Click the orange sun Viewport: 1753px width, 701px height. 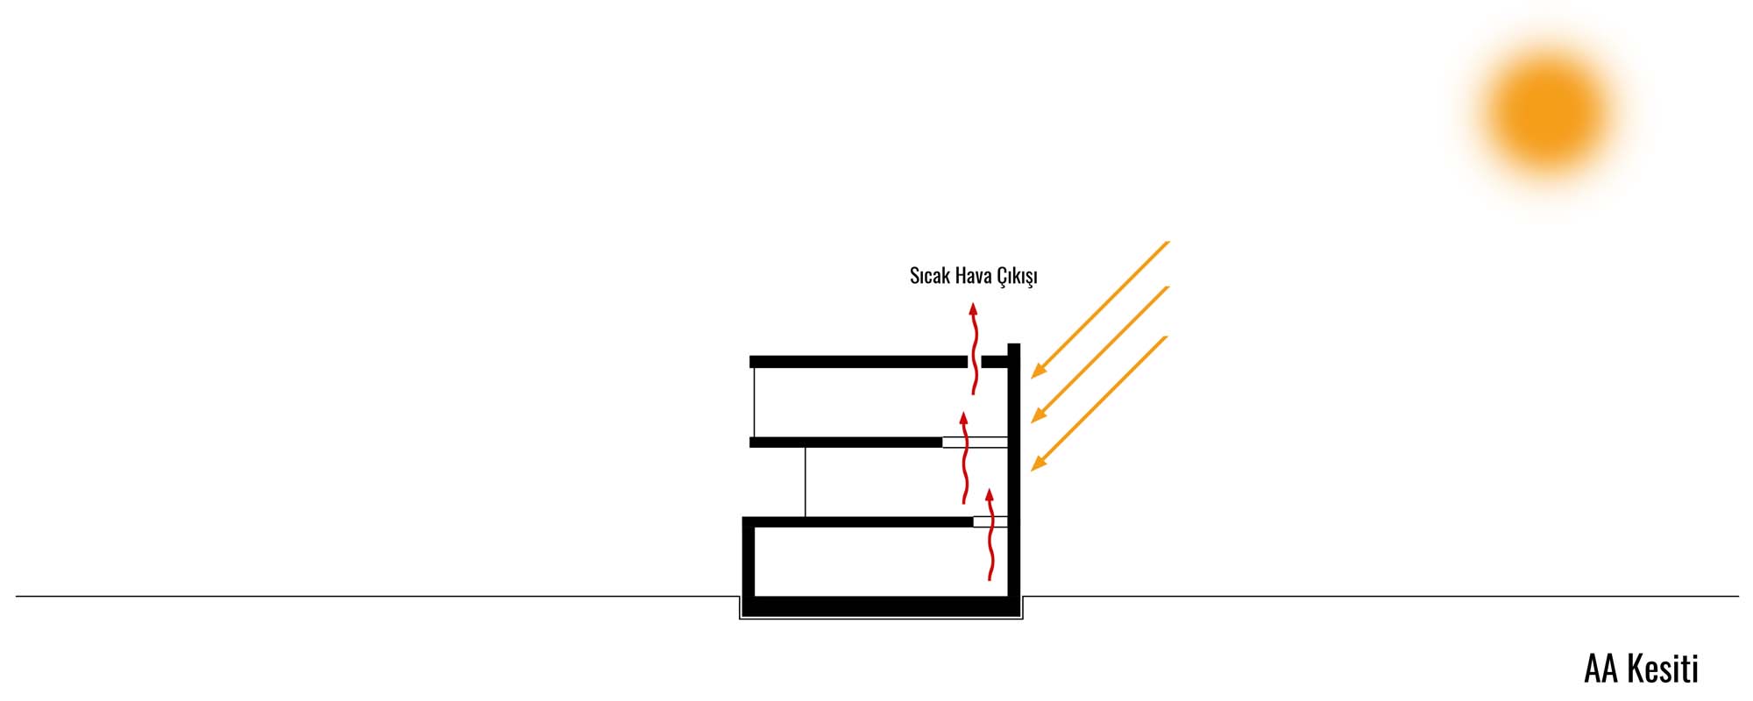click(x=1549, y=112)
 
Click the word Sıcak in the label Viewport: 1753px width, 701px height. click(x=930, y=276)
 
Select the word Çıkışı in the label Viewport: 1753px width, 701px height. click(x=1017, y=277)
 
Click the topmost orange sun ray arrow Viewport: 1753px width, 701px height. click(x=1100, y=309)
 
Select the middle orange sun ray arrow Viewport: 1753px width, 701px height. click(x=1100, y=354)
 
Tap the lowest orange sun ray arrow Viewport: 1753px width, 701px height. click(x=1100, y=403)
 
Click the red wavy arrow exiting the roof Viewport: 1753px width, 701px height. click(x=973, y=349)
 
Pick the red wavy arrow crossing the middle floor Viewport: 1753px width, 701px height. click(x=965, y=457)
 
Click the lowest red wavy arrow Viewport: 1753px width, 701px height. click(x=990, y=535)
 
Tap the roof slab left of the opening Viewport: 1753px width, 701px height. click(x=858, y=361)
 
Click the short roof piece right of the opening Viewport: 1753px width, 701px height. click(x=995, y=361)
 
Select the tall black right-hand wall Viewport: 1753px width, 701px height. click(x=1014, y=470)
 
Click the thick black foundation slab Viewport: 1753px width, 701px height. click(x=881, y=606)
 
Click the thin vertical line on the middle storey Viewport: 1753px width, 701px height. click(x=806, y=482)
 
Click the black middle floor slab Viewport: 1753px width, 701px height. click(x=846, y=443)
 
